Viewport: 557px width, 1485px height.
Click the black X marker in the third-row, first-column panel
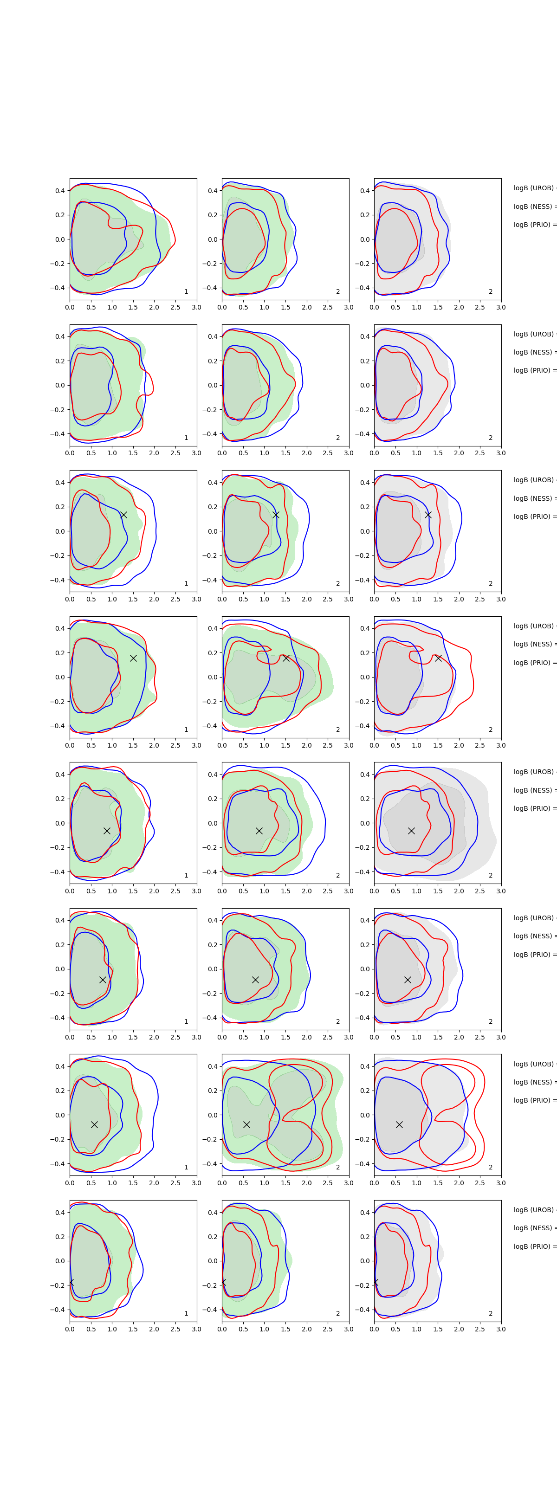pos(123,515)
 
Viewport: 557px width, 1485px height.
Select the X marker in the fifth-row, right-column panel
pos(411,831)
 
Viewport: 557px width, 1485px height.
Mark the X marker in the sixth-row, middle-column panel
pos(255,980)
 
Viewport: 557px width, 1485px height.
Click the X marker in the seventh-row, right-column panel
pos(399,1124)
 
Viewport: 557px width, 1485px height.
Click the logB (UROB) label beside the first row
pos(534,188)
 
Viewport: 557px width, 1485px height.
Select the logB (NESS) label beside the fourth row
pos(534,644)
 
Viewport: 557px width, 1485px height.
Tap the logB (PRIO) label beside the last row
pos(534,1246)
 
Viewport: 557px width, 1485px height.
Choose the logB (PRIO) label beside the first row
pos(534,225)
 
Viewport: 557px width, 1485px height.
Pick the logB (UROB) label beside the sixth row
pos(534,918)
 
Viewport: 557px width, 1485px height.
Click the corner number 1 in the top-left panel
pos(186,292)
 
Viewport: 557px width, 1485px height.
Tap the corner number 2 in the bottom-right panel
pos(491,1313)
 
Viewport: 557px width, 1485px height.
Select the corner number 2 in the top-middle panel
pos(338,292)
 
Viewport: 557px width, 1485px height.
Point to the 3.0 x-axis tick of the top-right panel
pos(501,307)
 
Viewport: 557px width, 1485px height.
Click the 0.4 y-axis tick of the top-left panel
pos(60,191)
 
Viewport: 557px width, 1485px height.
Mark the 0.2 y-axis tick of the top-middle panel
pos(212,215)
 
